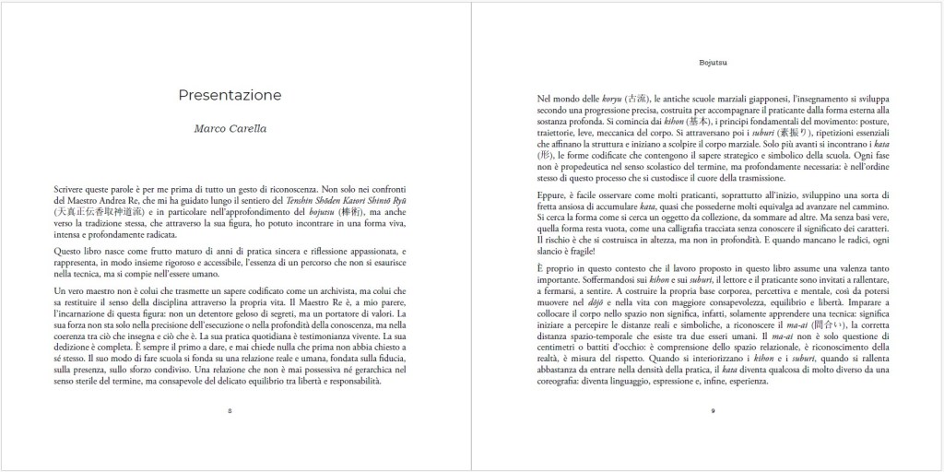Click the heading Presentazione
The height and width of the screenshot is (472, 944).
pos(230,95)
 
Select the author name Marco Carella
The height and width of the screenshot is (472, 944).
pos(230,128)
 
